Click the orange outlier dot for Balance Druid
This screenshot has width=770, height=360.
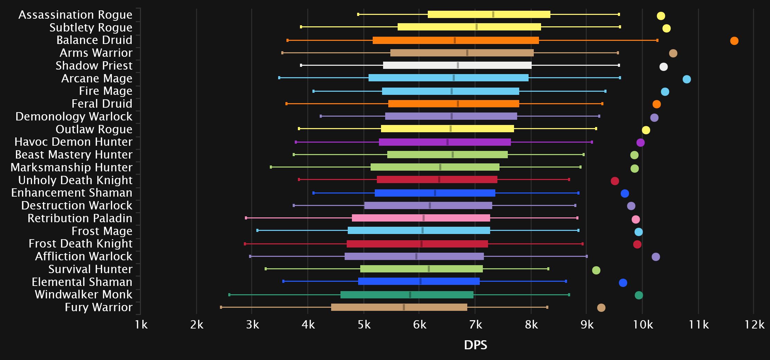734,41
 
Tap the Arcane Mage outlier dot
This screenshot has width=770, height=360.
687,79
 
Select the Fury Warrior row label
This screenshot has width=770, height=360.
98,307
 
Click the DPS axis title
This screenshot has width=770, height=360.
475,345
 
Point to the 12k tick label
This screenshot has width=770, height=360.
754,325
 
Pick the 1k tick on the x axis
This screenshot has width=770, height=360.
141,325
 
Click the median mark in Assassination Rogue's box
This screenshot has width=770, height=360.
493,14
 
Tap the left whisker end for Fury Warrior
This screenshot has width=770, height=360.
221,307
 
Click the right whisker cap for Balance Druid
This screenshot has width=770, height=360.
657,40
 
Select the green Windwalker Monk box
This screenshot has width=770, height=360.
407,295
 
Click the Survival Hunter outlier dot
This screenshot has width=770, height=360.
596,270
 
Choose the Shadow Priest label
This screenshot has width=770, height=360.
94,65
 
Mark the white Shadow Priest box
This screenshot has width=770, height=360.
457,65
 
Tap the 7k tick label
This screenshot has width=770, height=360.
475,325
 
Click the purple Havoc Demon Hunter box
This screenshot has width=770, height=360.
445,142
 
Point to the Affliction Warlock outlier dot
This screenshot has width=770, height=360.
655,257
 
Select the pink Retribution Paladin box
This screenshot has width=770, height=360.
421,218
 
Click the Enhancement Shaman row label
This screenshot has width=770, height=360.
72,192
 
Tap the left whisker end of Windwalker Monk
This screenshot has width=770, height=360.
229,295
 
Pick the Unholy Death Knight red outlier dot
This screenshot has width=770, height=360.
614,181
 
